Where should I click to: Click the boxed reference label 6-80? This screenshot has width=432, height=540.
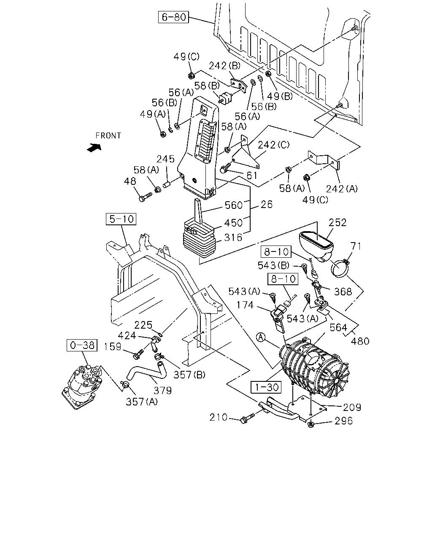point(173,17)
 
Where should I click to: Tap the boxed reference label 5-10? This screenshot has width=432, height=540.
point(121,219)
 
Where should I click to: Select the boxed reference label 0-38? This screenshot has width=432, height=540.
point(82,345)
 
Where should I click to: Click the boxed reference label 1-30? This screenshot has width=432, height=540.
point(266,387)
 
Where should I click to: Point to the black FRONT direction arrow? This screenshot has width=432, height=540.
point(94,148)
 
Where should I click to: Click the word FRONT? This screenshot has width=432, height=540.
point(108,136)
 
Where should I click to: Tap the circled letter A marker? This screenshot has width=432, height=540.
point(261,337)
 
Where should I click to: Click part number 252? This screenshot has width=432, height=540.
point(337,223)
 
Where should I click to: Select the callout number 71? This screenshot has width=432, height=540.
point(356,246)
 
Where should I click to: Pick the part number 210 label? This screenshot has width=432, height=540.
point(219,417)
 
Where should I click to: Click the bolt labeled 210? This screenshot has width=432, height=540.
point(248,418)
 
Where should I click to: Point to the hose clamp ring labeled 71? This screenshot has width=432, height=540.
point(340,268)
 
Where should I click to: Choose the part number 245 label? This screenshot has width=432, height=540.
point(165,159)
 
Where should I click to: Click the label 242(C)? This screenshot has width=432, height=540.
point(274,145)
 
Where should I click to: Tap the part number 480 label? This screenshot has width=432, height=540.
point(360,341)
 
